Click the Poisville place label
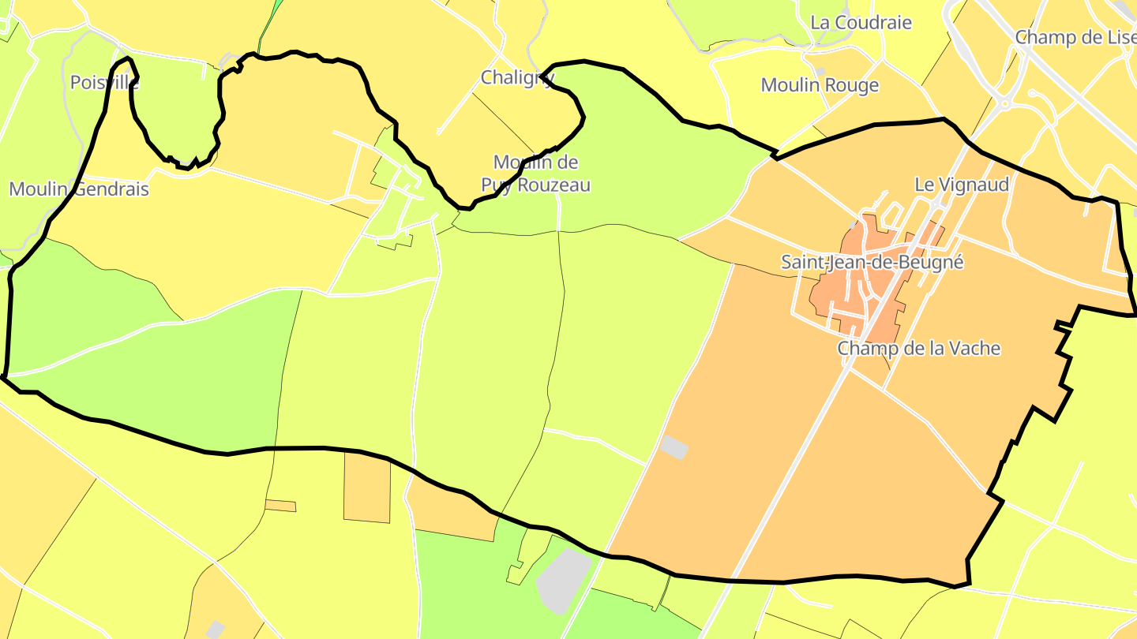point(105,82)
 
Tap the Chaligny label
point(518,77)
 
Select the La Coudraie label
point(861,23)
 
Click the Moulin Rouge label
point(820,85)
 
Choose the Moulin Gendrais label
point(79,189)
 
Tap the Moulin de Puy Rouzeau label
point(536,174)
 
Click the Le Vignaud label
point(962,185)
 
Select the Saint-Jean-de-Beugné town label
point(872,262)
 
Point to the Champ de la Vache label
point(919,348)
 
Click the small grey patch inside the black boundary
point(674,447)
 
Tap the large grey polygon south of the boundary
point(563,580)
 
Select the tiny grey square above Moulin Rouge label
point(820,72)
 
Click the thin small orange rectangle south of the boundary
point(280,505)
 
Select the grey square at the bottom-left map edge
point(215,630)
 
